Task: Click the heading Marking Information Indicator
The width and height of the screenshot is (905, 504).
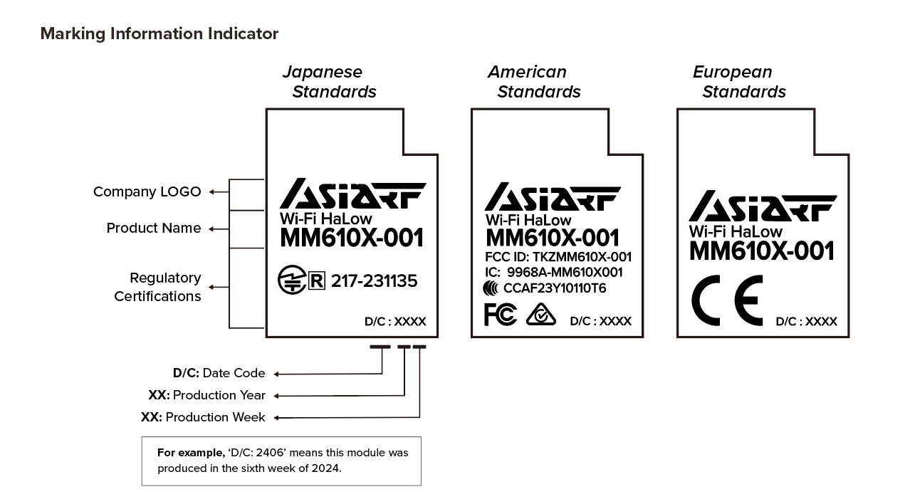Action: point(159,33)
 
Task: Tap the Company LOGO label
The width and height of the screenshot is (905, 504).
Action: point(147,191)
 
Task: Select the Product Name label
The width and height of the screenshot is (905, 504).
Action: point(153,228)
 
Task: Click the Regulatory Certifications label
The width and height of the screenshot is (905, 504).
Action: point(157,287)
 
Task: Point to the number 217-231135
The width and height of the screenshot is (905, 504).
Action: point(374,281)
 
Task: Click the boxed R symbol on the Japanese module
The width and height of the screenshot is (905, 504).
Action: point(317,281)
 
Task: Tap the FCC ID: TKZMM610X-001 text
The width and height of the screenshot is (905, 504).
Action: point(558,257)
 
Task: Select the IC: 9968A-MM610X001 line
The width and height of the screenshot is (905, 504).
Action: point(553,272)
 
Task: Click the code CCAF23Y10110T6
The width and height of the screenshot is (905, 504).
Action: point(555,288)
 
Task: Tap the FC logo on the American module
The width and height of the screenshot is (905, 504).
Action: point(500,314)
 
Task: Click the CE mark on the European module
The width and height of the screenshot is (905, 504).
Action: point(727,300)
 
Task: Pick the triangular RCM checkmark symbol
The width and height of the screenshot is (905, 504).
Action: point(541,314)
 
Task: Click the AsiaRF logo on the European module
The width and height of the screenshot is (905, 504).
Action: point(763,206)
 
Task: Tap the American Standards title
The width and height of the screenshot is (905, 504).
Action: point(533,82)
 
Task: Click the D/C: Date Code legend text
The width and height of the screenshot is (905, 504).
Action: point(219,373)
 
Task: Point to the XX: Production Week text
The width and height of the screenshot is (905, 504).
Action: point(203,417)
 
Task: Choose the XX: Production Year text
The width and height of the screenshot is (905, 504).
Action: point(206,395)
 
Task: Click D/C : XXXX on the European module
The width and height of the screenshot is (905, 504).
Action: point(806,321)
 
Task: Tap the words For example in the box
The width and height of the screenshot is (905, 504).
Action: point(189,453)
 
